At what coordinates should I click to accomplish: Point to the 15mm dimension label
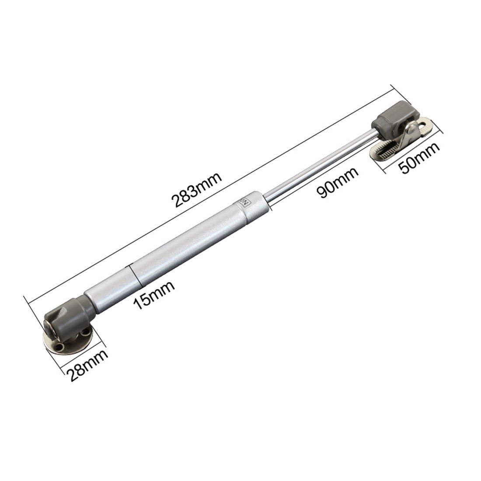pos(154,295)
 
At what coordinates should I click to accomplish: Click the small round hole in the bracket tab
pos(424,127)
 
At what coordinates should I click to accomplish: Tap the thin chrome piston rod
pos(319,164)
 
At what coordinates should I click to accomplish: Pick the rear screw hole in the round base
pos(82,335)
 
